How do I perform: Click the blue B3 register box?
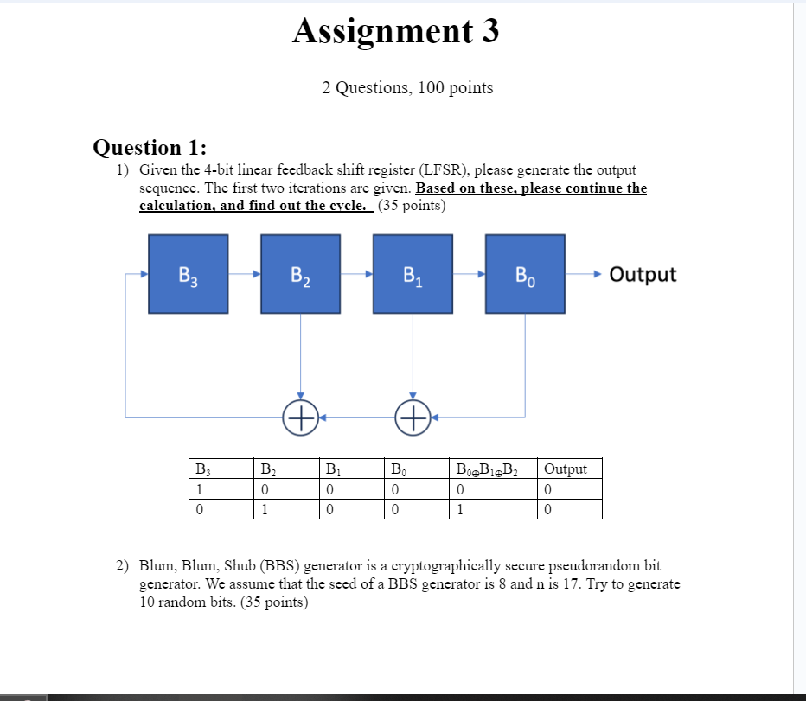click(189, 273)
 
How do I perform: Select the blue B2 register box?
click(301, 273)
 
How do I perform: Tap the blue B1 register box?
click(413, 273)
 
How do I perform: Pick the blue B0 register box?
click(525, 273)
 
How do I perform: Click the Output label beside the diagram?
click(643, 274)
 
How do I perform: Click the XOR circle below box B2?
click(300, 417)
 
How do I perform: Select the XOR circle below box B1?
click(413, 417)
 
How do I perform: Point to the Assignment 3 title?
click(396, 31)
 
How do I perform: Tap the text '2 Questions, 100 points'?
click(407, 87)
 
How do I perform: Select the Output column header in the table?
click(566, 469)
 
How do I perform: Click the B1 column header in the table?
click(333, 469)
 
